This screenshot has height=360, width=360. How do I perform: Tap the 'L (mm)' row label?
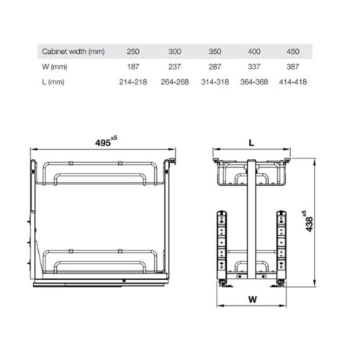point(53,81)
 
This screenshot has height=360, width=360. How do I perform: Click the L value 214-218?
point(133,81)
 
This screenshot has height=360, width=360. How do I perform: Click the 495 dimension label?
point(103,143)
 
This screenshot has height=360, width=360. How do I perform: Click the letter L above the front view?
point(252,143)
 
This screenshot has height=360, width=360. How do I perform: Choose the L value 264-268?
point(177,81)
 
